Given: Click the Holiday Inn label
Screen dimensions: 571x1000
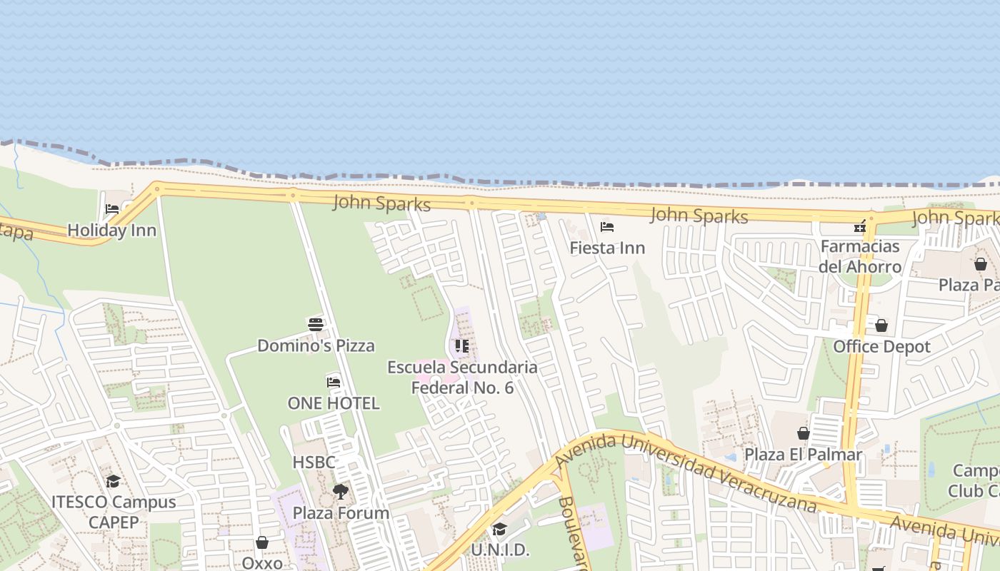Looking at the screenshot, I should (x=111, y=231).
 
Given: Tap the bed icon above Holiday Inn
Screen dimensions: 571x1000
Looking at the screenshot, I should (x=112, y=209).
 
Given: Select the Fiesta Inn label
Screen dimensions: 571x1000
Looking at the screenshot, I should (x=607, y=248).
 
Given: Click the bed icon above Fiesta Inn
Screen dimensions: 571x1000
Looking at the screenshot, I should (x=607, y=227).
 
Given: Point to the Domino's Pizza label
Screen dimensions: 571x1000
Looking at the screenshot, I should (x=316, y=346).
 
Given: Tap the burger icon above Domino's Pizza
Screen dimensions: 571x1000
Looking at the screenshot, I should (x=316, y=325).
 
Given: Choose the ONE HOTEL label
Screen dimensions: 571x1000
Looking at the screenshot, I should (x=334, y=403).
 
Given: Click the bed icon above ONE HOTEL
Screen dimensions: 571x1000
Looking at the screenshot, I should (x=334, y=382).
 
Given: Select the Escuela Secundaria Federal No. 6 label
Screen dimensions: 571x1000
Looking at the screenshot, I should (x=462, y=378).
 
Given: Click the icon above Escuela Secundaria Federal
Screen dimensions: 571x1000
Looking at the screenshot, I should (x=462, y=346).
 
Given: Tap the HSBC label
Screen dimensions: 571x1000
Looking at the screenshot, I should (x=314, y=463).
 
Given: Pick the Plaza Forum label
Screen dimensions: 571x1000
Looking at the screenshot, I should (x=341, y=513).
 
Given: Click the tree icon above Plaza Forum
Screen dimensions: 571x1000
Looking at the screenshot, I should (x=341, y=492).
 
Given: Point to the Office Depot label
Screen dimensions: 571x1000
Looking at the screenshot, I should (x=882, y=347).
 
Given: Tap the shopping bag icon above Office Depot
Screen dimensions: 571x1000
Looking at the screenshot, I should (x=881, y=326).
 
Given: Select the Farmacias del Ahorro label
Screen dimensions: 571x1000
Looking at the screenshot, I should (x=861, y=257).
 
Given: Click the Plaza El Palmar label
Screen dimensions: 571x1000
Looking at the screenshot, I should (x=804, y=455).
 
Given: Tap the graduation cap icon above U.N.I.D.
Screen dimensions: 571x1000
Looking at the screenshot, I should (x=499, y=530).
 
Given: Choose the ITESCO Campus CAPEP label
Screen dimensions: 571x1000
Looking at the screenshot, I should (x=114, y=512).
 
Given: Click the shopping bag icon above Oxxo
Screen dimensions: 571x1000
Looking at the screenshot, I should (x=262, y=543).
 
